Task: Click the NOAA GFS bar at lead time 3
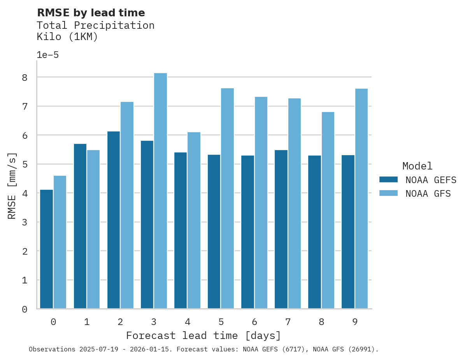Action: tap(160, 191)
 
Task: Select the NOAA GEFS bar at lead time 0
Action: tap(46, 249)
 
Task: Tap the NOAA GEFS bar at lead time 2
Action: tap(114, 220)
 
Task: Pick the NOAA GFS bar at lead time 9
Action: tap(361, 199)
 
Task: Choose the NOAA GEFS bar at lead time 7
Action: tap(281, 229)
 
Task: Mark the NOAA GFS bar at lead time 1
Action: tap(93, 229)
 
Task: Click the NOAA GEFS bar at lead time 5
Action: tap(214, 232)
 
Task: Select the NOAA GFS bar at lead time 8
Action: tap(328, 210)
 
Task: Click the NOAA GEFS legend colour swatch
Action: tap(388, 180)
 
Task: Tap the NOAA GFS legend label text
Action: tap(428, 194)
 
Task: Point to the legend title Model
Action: tap(417, 166)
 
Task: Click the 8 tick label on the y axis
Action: tap(25, 77)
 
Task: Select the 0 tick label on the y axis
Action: tap(25, 309)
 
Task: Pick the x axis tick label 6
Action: tap(254, 322)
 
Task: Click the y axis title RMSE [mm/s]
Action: tap(12, 186)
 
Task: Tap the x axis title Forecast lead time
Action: tap(203, 336)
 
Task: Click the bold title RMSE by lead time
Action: tap(91, 13)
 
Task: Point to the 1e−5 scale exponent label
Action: tap(48, 55)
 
